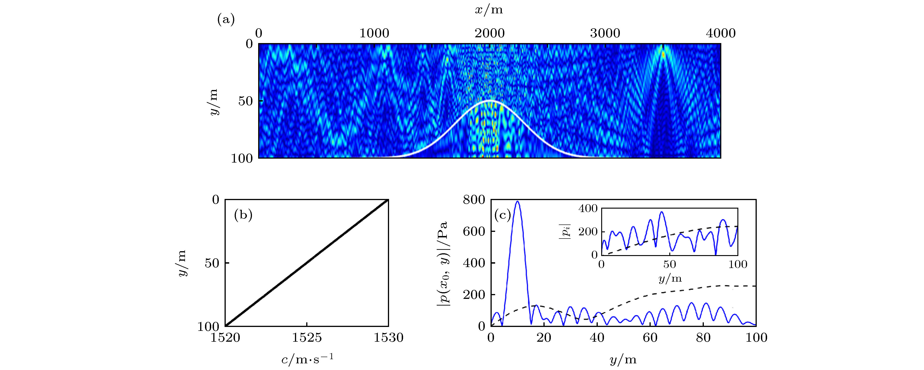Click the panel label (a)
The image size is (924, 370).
pos(226,20)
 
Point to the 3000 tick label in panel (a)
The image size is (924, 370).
pos(605,33)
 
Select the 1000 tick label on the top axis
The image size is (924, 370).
pos(374,33)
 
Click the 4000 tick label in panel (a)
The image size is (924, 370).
pos(721,33)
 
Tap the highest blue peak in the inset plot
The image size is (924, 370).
pos(662,212)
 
